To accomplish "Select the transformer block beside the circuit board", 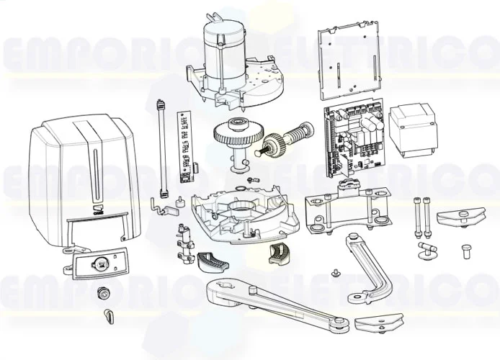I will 411,130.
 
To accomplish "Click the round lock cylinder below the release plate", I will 104,293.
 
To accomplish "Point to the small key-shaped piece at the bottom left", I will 110,315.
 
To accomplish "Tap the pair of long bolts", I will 421,215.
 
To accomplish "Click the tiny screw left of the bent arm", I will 335,273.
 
